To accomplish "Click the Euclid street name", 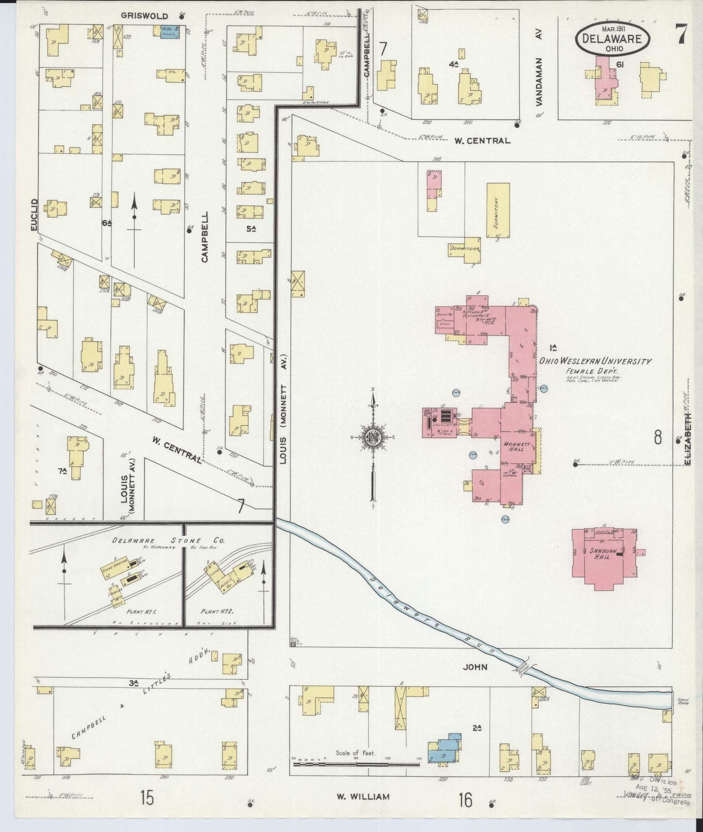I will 35,215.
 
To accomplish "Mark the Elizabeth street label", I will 687,439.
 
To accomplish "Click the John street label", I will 475,667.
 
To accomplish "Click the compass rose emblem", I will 372,437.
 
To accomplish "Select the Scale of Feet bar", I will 356,764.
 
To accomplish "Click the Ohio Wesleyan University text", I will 594,361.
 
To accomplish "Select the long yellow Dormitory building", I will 498,210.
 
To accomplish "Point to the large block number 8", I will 658,437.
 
